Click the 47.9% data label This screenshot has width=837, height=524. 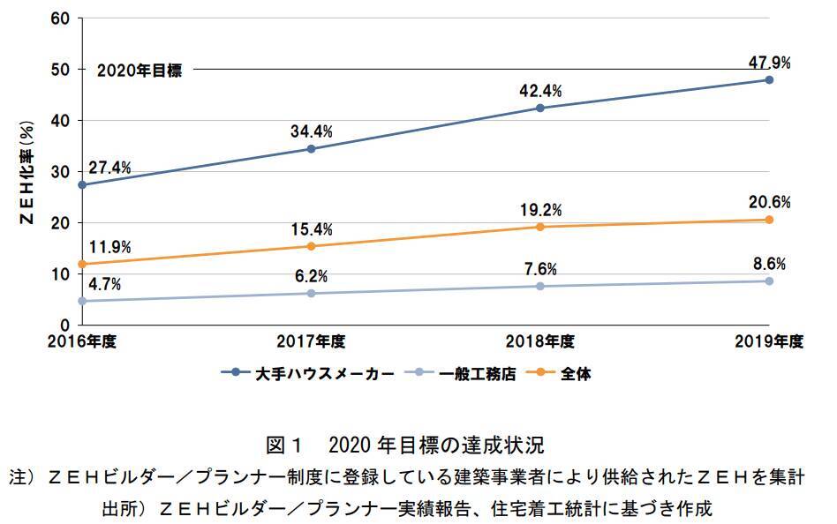coord(768,63)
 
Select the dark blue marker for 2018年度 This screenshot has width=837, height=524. coord(540,108)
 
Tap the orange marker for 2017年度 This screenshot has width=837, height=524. coord(311,246)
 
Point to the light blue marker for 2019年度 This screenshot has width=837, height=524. coord(769,281)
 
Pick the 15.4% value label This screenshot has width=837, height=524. coord(311,229)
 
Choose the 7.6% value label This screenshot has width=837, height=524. coord(540,269)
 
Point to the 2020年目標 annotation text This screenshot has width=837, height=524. coord(139,71)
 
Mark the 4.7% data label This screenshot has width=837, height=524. coord(105,284)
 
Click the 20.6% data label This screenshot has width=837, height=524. coord(768,202)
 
